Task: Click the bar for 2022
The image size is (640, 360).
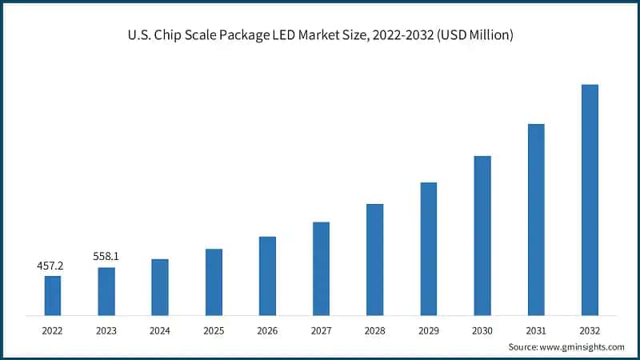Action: click(52, 295)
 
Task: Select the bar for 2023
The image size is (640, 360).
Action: click(106, 291)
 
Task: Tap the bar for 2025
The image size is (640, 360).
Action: click(214, 282)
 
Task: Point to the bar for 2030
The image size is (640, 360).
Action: click(482, 235)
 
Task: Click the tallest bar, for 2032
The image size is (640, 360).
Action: click(590, 199)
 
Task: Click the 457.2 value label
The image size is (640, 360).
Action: click(52, 265)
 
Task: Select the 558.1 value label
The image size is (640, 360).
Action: click(106, 256)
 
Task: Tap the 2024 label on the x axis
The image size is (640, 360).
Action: click(159, 329)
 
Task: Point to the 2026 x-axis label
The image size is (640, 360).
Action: click(267, 329)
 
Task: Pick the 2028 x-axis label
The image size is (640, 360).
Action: click(374, 329)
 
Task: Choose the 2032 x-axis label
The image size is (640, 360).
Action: click(590, 329)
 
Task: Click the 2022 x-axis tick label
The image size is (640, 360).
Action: click(52, 329)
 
